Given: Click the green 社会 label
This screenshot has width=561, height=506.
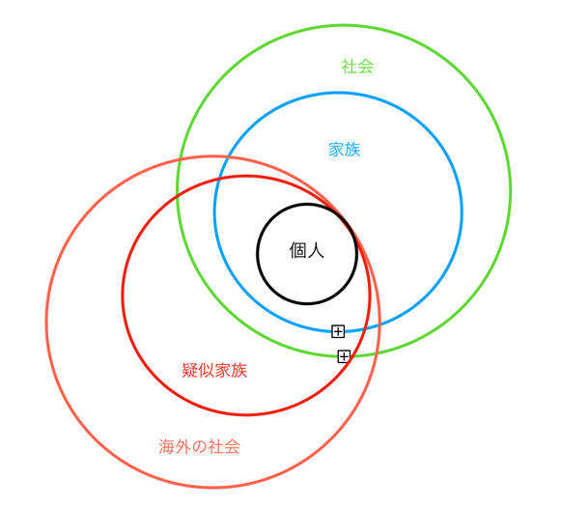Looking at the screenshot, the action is coord(357,67).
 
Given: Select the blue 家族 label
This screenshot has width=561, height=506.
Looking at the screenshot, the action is coord(345,150).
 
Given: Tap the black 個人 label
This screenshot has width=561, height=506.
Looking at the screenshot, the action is coord(307,250).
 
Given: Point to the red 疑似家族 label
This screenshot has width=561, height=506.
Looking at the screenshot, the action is coord(214,370).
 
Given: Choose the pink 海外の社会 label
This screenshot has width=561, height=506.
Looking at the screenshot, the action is coord(199,446).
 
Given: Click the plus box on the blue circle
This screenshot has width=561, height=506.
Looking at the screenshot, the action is coord(338,331).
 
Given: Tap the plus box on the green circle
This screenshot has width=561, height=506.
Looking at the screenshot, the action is coord(344,356).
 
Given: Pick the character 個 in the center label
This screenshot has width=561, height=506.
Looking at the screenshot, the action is coord(297,250).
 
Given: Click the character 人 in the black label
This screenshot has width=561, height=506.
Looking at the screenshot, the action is coord(316,250).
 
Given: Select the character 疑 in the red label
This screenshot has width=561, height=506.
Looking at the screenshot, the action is coord(190,370).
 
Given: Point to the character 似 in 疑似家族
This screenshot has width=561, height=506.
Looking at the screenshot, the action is coord(207,370).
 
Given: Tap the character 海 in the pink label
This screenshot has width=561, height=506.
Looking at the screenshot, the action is coord(167,446).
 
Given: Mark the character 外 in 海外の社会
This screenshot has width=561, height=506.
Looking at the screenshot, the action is coord(183,446).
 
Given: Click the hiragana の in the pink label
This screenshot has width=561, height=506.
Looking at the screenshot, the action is coord(199,447).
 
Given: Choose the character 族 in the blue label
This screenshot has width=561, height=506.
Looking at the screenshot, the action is coord(352,150).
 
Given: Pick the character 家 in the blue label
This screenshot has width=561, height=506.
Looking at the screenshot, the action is coord(337,150).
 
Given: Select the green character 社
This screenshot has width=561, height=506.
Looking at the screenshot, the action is coord(350,67).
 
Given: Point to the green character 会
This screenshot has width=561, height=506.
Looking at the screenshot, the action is coord(366,67).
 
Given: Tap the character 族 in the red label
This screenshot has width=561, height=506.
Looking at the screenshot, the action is coord(239,370).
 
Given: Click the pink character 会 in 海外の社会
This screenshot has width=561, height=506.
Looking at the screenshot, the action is coord(232,446).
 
